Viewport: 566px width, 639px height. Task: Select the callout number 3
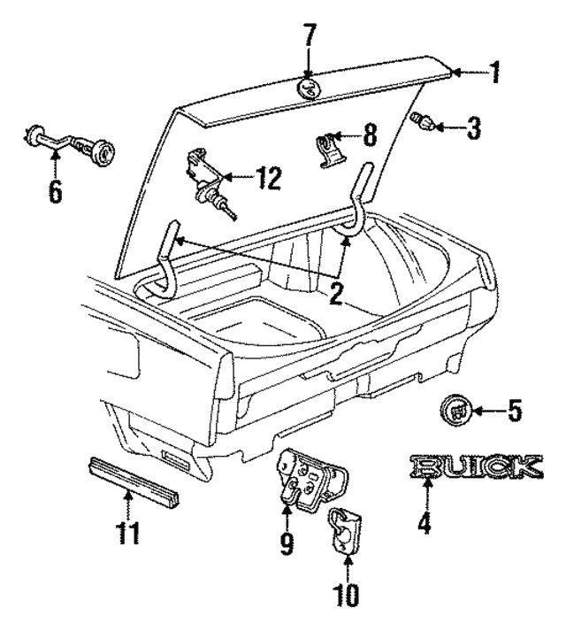(x=473, y=130)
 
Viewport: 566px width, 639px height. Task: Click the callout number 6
(x=56, y=191)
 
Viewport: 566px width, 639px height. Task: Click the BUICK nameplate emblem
(x=475, y=466)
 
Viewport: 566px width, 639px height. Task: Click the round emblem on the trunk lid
(x=309, y=87)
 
